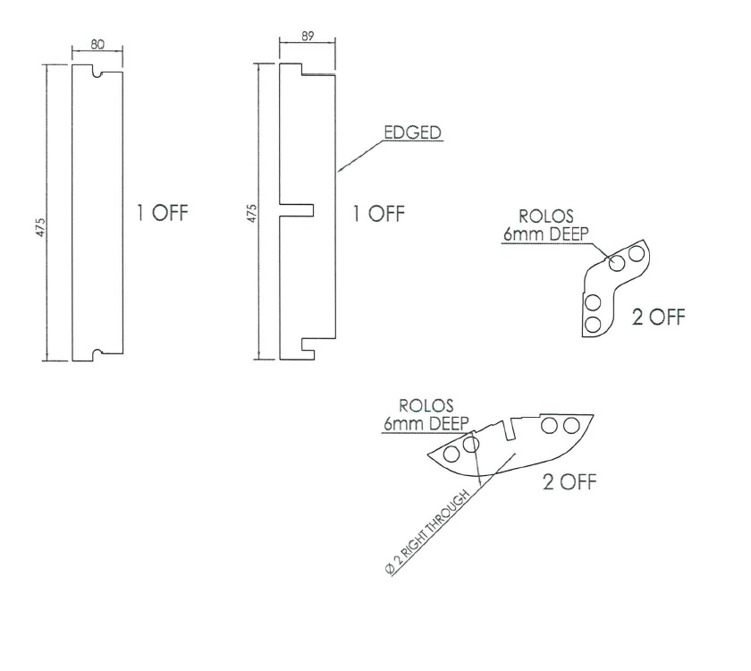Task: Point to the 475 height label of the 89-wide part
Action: (253, 213)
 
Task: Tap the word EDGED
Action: (414, 132)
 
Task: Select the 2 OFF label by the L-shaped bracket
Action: (658, 318)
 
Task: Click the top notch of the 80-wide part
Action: (97, 70)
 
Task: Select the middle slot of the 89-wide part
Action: (298, 208)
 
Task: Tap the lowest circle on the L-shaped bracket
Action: (592, 322)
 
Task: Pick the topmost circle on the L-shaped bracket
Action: (637, 254)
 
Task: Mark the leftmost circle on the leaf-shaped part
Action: (451, 453)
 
